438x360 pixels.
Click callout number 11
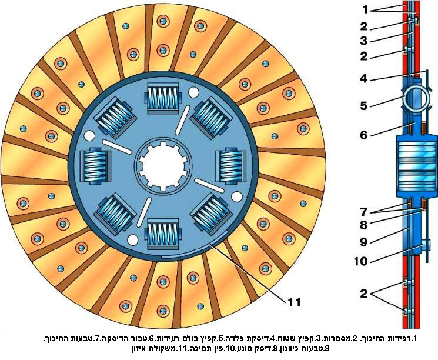[x=295, y=302]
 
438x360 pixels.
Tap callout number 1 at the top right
[x=365, y=10]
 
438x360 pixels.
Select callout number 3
[x=365, y=41]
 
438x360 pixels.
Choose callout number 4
[x=365, y=78]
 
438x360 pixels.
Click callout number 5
[x=365, y=106]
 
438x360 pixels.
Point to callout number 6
[x=365, y=135]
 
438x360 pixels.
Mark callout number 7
[x=365, y=211]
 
